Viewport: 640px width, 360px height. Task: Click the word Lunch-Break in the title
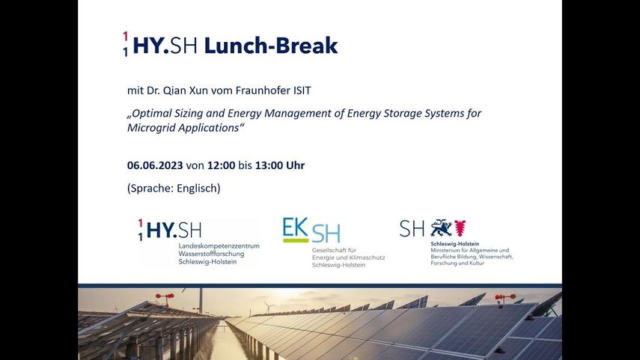tap(271, 46)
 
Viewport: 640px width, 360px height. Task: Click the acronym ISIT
tap(302, 91)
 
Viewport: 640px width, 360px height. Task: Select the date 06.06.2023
tap(155, 165)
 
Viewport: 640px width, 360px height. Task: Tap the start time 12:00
tap(222, 165)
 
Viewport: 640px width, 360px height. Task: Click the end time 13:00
tap(269, 165)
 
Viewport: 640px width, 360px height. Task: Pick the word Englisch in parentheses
tap(198, 188)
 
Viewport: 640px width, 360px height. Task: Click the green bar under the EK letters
tap(296, 241)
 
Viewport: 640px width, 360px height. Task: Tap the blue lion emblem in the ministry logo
tap(441, 228)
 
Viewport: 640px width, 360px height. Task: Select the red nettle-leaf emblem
tap(460, 228)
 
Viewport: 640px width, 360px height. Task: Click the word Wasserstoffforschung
tap(211, 254)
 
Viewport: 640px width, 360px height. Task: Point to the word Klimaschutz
tap(368, 257)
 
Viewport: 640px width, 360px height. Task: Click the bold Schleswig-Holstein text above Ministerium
tap(454, 244)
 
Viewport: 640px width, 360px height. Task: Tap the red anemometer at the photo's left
tap(165, 298)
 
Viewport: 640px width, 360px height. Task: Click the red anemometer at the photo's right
tap(505, 298)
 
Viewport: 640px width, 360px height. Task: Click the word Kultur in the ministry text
tap(477, 263)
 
